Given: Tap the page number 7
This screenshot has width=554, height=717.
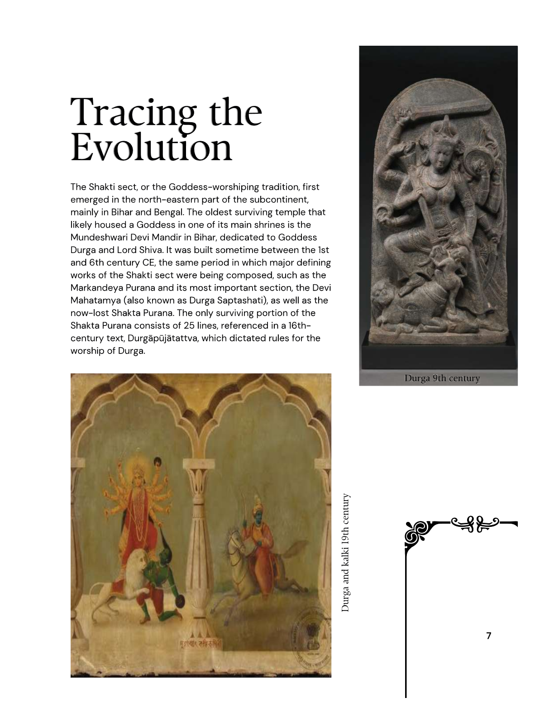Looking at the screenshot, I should pyautogui.click(x=488, y=636).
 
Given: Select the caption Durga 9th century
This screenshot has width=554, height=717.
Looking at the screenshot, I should pyautogui.click(x=442, y=378).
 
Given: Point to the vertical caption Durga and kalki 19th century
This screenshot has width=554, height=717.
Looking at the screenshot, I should pyautogui.click(x=346, y=553).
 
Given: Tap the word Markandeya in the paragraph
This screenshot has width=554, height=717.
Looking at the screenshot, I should pyautogui.click(x=93, y=288).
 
